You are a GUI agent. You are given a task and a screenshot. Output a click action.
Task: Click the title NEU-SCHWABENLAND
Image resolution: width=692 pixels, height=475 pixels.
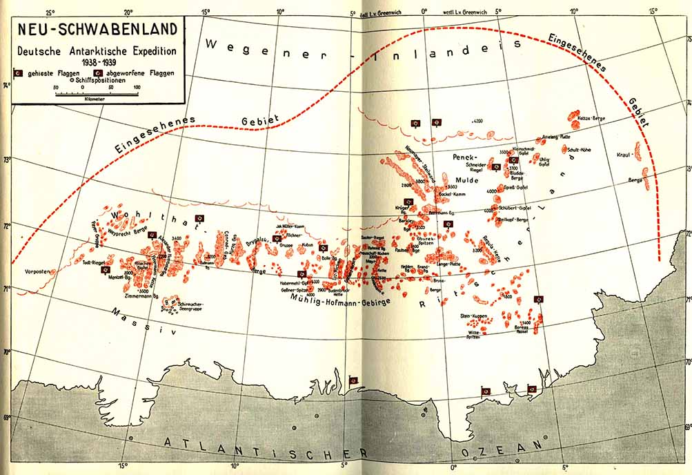click(97, 30)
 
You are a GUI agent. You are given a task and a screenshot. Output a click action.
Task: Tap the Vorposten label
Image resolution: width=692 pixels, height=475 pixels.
click(36, 272)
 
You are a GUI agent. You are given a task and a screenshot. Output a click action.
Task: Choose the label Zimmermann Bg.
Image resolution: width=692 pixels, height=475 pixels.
click(142, 295)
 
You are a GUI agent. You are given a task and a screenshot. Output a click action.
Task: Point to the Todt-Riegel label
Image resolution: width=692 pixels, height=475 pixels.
click(93, 262)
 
